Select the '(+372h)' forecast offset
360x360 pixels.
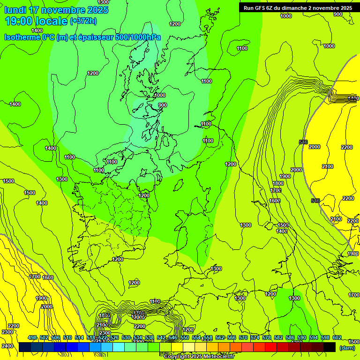coord(83,21)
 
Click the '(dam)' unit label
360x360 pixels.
coord(347,348)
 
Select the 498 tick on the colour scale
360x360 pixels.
coord(32,338)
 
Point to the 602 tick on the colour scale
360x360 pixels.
coord(337,338)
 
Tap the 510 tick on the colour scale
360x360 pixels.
coord(67,338)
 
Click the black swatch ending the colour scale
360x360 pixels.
coord(330,347)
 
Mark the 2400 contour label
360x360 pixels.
coord(7,346)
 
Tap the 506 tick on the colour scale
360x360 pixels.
coord(56,338)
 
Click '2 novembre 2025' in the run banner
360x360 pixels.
coord(330,7)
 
